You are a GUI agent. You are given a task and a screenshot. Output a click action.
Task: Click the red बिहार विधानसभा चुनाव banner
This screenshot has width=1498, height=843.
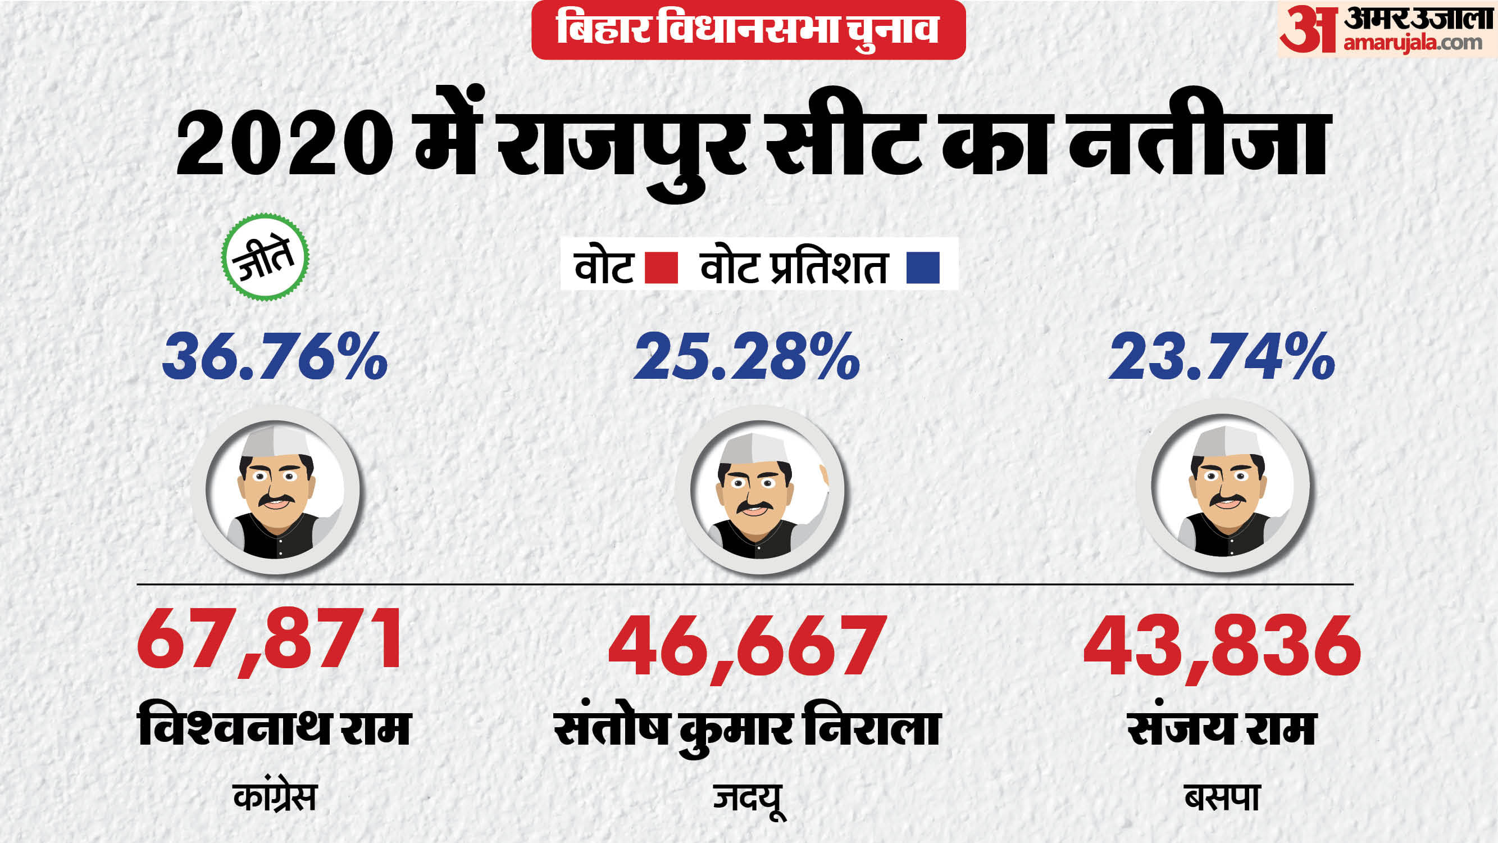coord(748,30)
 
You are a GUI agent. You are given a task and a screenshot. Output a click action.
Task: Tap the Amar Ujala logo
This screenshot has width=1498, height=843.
coord(1386,30)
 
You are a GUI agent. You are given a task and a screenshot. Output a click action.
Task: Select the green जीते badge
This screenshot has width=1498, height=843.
coord(265,257)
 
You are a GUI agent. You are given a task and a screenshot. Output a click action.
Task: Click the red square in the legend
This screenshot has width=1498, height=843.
coord(662,268)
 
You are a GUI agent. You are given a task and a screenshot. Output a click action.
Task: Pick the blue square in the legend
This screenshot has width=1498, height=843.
coord(923,268)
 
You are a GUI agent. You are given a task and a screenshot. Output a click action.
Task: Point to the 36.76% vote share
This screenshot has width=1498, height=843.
coord(275,356)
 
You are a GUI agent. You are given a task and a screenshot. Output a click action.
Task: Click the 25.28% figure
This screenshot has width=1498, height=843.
coord(746,356)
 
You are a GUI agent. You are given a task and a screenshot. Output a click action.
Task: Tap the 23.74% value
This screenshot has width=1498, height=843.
coord(1222,356)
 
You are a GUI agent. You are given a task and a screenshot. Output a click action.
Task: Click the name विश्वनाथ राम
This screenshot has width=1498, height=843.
coord(275,728)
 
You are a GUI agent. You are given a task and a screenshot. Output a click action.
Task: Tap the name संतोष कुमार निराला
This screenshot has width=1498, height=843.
coord(748,730)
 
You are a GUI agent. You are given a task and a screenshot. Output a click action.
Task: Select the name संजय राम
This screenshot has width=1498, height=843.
coord(1222,728)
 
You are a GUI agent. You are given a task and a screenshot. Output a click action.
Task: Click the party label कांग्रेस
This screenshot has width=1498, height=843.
coord(275,797)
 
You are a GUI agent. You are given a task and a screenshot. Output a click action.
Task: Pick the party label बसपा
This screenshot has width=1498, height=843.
coord(1222,797)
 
